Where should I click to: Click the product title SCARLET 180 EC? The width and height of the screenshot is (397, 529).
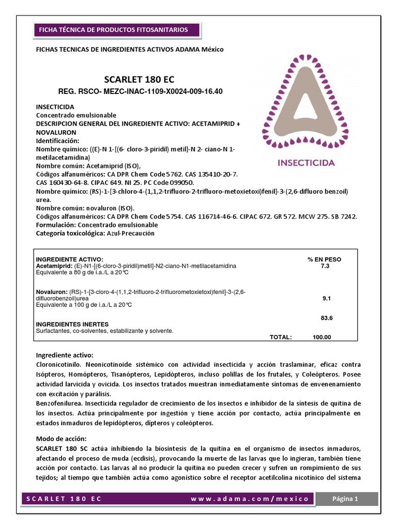point(140,80)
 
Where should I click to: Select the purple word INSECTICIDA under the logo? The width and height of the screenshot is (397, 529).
point(307,163)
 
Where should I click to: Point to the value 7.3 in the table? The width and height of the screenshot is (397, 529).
point(325,266)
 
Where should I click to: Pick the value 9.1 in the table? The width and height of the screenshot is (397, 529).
point(326,299)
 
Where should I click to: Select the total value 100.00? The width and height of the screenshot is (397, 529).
point(322,337)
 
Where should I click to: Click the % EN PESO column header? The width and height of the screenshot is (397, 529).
point(324,259)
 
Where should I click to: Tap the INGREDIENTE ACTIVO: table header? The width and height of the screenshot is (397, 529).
point(69,259)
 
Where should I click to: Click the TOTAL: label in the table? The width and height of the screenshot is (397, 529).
point(281,337)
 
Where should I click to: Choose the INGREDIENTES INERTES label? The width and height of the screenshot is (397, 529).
point(72,324)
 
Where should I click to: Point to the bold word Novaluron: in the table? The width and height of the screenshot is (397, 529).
point(52,292)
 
